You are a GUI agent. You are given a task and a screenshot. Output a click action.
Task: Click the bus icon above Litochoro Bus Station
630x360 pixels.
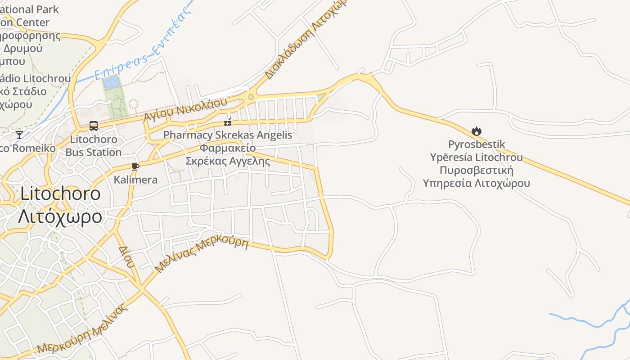(x=94, y=126)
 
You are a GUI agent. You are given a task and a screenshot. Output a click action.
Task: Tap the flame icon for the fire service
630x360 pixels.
(x=477, y=131)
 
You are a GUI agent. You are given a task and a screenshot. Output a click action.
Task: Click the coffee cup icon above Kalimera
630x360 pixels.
(x=135, y=167)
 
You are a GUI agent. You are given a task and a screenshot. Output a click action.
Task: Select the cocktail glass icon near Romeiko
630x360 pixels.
(x=19, y=135)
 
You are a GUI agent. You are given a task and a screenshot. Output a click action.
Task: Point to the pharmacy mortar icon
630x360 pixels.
(x=228, y=121)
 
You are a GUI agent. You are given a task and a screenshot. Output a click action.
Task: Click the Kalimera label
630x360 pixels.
(x=135, y=180)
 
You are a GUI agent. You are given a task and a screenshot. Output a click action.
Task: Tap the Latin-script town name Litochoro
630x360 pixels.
(x=60, y=193)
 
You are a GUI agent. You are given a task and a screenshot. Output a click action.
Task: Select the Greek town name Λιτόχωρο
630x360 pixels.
(x=60, y=216)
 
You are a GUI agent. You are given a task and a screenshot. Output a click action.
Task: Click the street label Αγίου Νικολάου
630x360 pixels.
(x=185, y=109)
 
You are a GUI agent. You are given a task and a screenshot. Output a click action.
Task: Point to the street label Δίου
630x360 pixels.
(x=126, y=256)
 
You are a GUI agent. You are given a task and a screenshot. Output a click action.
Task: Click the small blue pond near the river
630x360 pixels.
(x=112, y=82)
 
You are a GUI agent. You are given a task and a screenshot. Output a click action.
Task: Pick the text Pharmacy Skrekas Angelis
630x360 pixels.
(x=228, y=135)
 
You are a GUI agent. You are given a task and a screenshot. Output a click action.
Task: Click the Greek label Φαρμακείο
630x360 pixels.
(x=228, y=148)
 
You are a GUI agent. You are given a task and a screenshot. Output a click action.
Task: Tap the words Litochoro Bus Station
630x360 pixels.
(x=94, y=146)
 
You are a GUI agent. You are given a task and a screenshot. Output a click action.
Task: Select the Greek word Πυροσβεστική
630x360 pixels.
(x=477, y=171)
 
